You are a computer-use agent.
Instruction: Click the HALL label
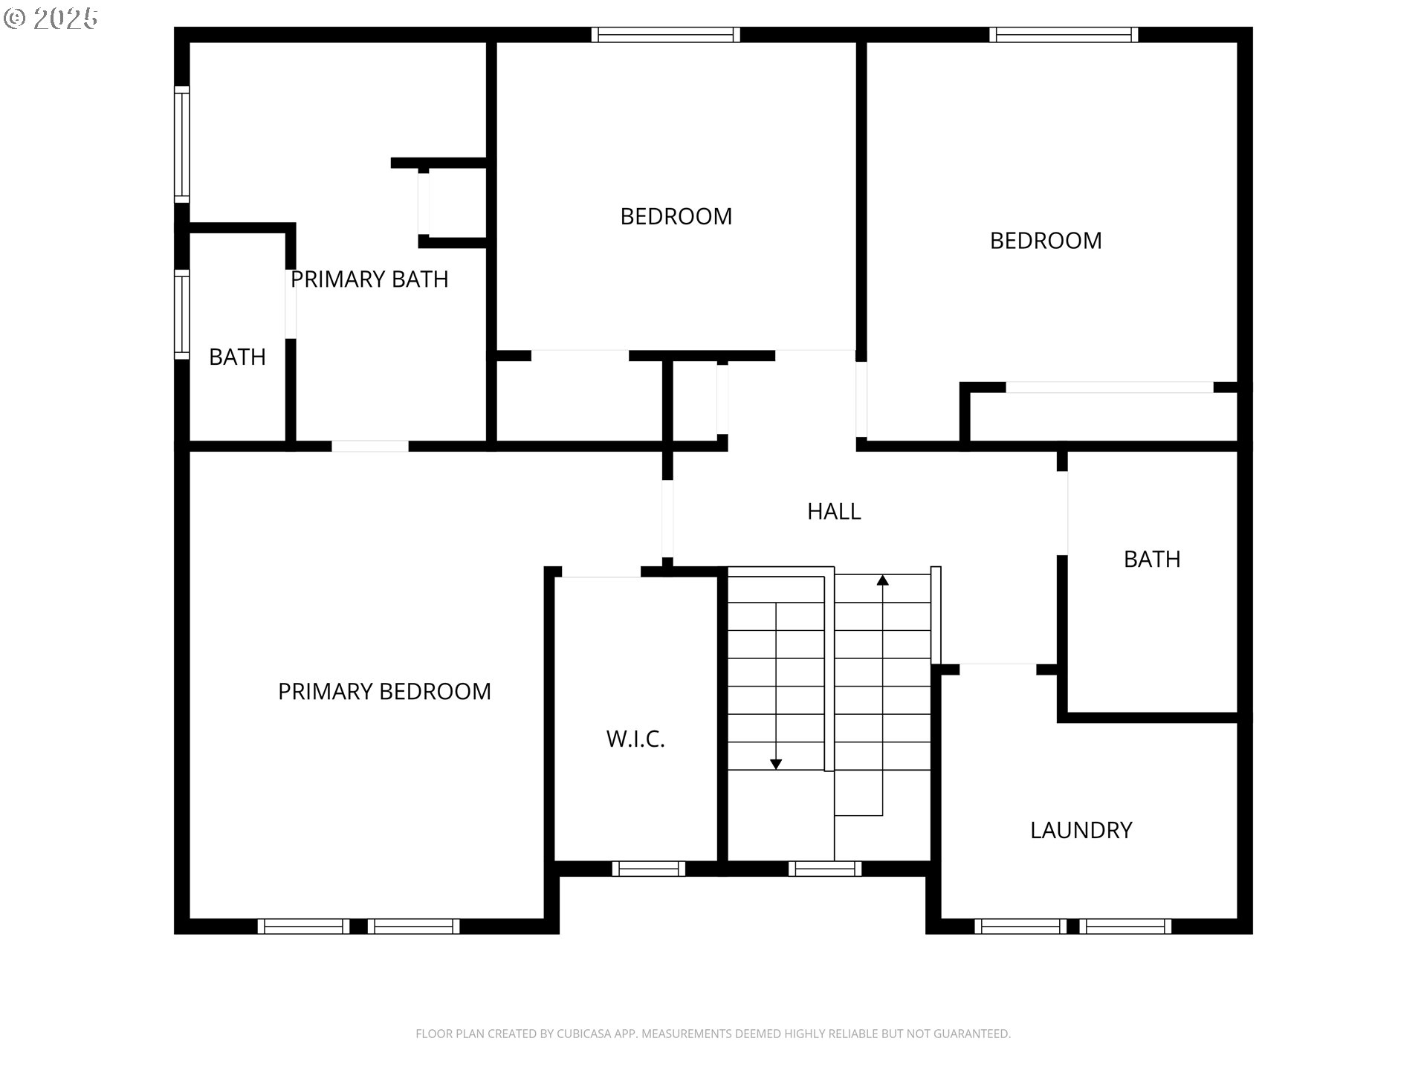[x=834, y=511]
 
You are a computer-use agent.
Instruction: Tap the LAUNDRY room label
[x=1081, y=830]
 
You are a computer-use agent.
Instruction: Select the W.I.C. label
[x=635, y=739]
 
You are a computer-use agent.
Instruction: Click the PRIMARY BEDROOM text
[x=384, y=691]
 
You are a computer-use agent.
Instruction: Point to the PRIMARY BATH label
[x=369, y=279]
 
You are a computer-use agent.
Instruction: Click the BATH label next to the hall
[x=1151, y=559]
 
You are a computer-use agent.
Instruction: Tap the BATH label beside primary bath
[x=237, y=357]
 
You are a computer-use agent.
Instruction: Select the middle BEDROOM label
[x=676, y=216]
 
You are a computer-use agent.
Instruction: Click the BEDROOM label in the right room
[x=1045, y=240]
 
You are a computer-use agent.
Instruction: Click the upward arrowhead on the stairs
[x=882, y=580]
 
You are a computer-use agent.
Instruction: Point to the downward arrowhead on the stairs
[x=776, y=764]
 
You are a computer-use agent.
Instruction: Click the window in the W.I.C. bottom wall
[x=648, y=869]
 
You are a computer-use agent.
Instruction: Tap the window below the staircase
[x=824, y=869]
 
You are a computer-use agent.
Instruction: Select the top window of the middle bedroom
[x=665, y=34]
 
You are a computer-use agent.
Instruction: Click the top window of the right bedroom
[x=1064, y=34]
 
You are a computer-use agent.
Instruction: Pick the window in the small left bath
[x=181, y=314]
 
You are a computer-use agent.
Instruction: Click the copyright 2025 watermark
[x=51, y=19]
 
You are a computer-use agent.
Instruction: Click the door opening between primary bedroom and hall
[x=667, y=519]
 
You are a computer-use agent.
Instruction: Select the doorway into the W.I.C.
[x=601, y=572]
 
